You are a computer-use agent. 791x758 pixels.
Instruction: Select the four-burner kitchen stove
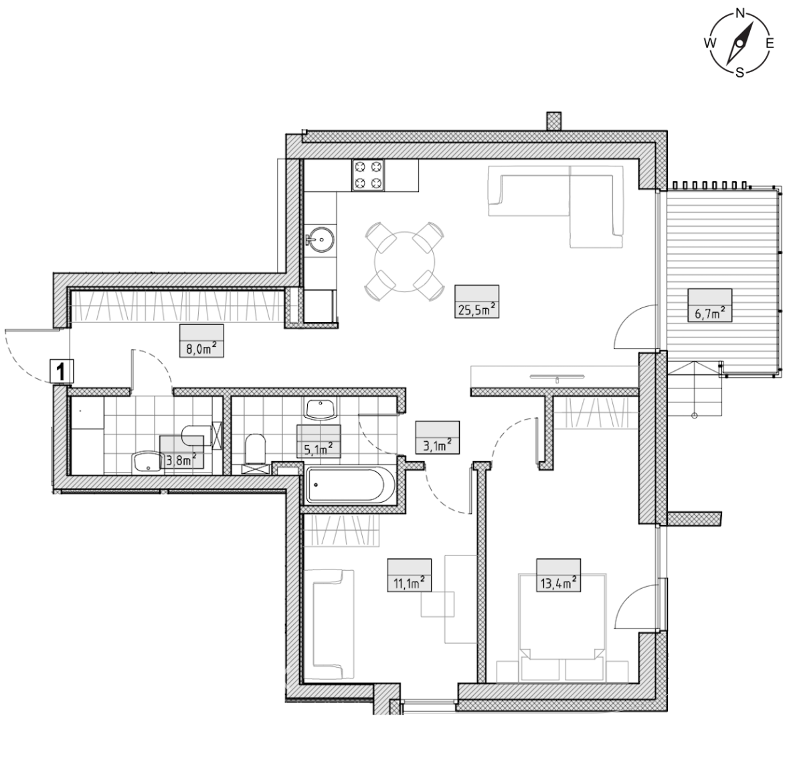368,175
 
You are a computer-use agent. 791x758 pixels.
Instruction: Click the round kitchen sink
319,239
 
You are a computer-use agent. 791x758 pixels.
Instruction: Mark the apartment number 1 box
62,372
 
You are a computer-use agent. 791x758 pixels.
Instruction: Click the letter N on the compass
741,13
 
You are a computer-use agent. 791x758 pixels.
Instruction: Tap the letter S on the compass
739,73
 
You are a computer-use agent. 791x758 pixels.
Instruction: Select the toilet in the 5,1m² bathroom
255,450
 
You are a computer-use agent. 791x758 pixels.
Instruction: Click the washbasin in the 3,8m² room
147,463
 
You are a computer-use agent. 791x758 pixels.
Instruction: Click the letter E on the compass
770,43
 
